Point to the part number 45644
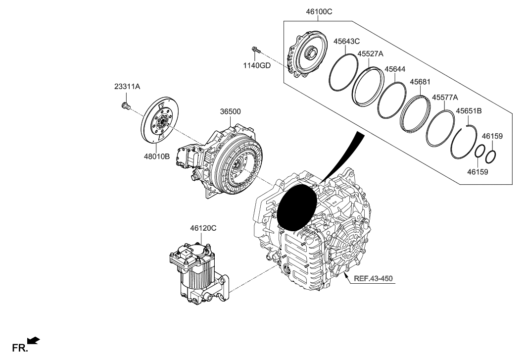pos(395,69)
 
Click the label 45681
pos(419,82)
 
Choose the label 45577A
pos(445,98)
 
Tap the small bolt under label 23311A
pos(125,105)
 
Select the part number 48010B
pos(156,156)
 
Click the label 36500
pos(230,112)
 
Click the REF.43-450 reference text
pos(373,278)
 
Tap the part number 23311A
pos(127,86)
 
